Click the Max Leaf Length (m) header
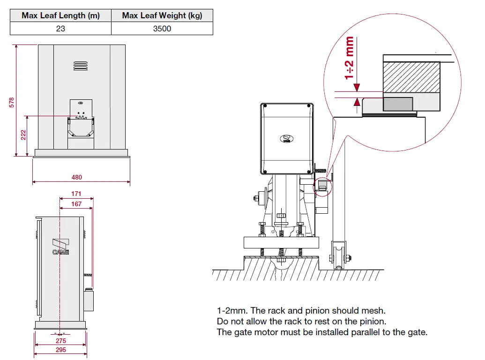click(x=60, y=15)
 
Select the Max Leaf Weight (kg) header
click(x=162, y=15)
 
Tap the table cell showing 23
click(x=60, y=29)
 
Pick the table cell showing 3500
click(x=162, y=29)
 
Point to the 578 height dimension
click(x=12, y=102)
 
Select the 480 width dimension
click(x=77, y=177)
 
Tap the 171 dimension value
click(x=76, y=194)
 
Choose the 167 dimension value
click(x=76, y=204)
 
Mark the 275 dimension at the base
click(x=61, y=341)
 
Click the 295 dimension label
click(x=61, y=350)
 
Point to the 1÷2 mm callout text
click(x=349, y=59)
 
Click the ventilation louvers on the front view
click(x=81, y=66)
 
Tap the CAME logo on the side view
click(x=60, y=247)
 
